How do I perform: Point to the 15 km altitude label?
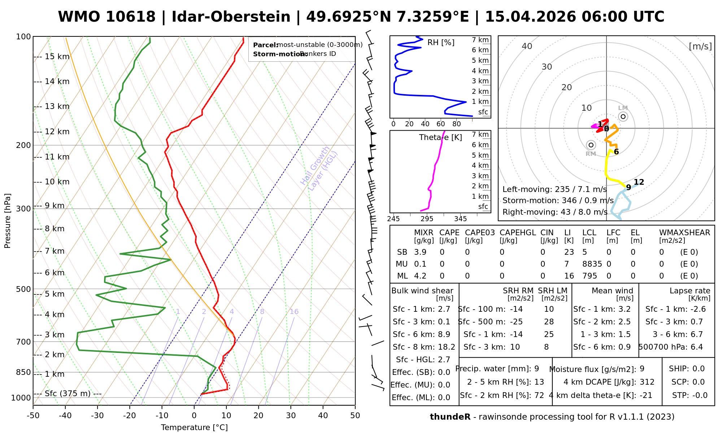click(57, 57)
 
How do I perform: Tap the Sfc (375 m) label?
click(68, 393)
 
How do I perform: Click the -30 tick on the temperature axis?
click(97, 416)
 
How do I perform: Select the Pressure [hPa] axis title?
click(8, 221)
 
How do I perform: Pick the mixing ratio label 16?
click(294, 312)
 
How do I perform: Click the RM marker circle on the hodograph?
click(591, 145)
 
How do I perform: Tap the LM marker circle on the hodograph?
click(623, 117)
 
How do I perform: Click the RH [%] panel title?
click(441, 43)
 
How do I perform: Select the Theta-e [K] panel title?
click(440, 137)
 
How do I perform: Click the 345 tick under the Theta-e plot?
click(461, 219)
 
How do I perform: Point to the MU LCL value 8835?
click(592, 264)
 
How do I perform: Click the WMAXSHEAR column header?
click(684, 233)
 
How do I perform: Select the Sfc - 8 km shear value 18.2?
click(447, 347)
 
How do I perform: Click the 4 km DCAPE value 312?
click(647, 382)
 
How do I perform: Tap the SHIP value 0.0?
click(699, 369)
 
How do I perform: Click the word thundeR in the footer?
click(450, 417)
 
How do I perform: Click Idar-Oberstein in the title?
click(231, 17)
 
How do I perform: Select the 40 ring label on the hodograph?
click(527, 46)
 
